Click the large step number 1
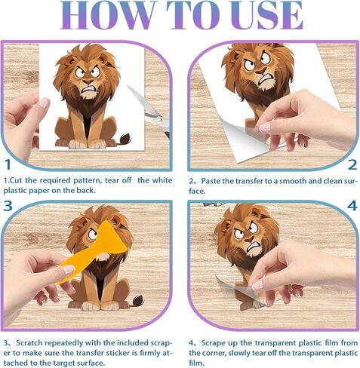[x=8, y=164]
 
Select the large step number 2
[x=352, y=165]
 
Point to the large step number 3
[x=8, y=206]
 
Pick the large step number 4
[x=352, y=206]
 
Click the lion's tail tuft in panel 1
[x=125, y=138]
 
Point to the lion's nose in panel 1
[x=88, y=81]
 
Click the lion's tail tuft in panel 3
[x=138, y=300]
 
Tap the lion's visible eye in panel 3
[x=93, y=235]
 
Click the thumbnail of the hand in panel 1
[x=44, y=103]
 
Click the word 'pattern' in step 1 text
[x=88, y=180]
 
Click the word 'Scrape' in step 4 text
[x=214, y=343]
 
